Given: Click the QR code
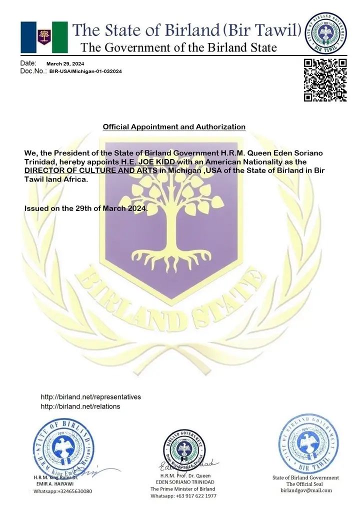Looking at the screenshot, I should pos(325,80).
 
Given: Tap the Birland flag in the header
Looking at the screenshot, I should pos(44,37).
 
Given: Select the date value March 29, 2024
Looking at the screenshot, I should pos(65,64).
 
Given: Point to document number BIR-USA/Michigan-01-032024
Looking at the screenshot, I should pos(85,71).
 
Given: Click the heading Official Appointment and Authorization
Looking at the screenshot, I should pos(174,127).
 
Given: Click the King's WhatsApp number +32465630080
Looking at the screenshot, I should pos(62,491).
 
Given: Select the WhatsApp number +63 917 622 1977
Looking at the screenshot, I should pos(183,496).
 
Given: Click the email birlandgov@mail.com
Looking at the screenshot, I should pos(305,490).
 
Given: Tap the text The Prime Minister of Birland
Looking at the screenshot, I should pos(182,489).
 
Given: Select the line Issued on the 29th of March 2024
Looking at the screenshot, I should pos(86,208).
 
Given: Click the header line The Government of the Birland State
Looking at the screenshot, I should pos(178,48).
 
